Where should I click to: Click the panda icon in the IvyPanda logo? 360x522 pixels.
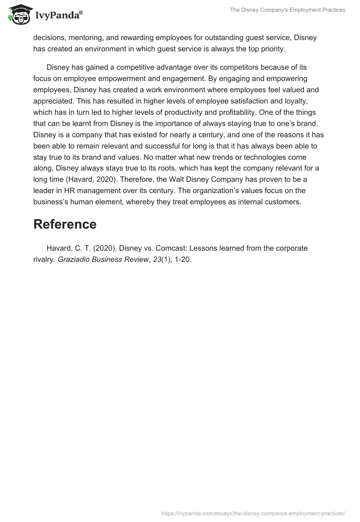click(18, 14)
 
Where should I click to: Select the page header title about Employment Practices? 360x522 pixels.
click(288, 10)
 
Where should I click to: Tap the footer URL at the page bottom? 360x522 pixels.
click(253, 513)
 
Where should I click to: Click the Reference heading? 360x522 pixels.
click(65, 224)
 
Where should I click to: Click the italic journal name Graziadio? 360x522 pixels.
click(74, 260)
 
